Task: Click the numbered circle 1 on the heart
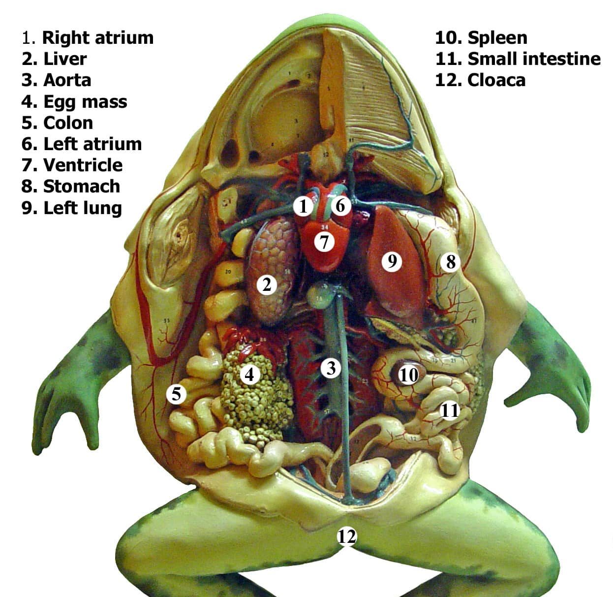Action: click(304, 206)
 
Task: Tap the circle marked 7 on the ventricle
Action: click(323, 242)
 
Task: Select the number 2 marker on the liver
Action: click(267, 284)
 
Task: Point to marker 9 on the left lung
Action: click(392, 261)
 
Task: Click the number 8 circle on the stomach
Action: click(451, 262)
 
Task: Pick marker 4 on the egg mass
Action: click(249, 375)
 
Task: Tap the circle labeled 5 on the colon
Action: click(176, 394)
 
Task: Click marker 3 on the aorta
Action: click(331, 367)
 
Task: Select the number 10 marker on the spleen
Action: click(408, 375)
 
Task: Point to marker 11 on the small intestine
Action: click(449, 409)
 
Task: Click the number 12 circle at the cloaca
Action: click(346, 536)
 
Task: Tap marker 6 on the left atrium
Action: click(340, 206)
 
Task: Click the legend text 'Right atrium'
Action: click(98, 37)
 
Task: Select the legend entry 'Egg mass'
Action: click(85, 101)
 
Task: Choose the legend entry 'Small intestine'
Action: click(534, 59)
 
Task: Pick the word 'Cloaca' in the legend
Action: click(496, 80)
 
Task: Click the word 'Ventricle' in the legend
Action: click(83, 165)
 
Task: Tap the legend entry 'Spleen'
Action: click(497, 37)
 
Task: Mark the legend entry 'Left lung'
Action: click(83, 208)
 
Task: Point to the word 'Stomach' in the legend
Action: click(82, 186)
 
